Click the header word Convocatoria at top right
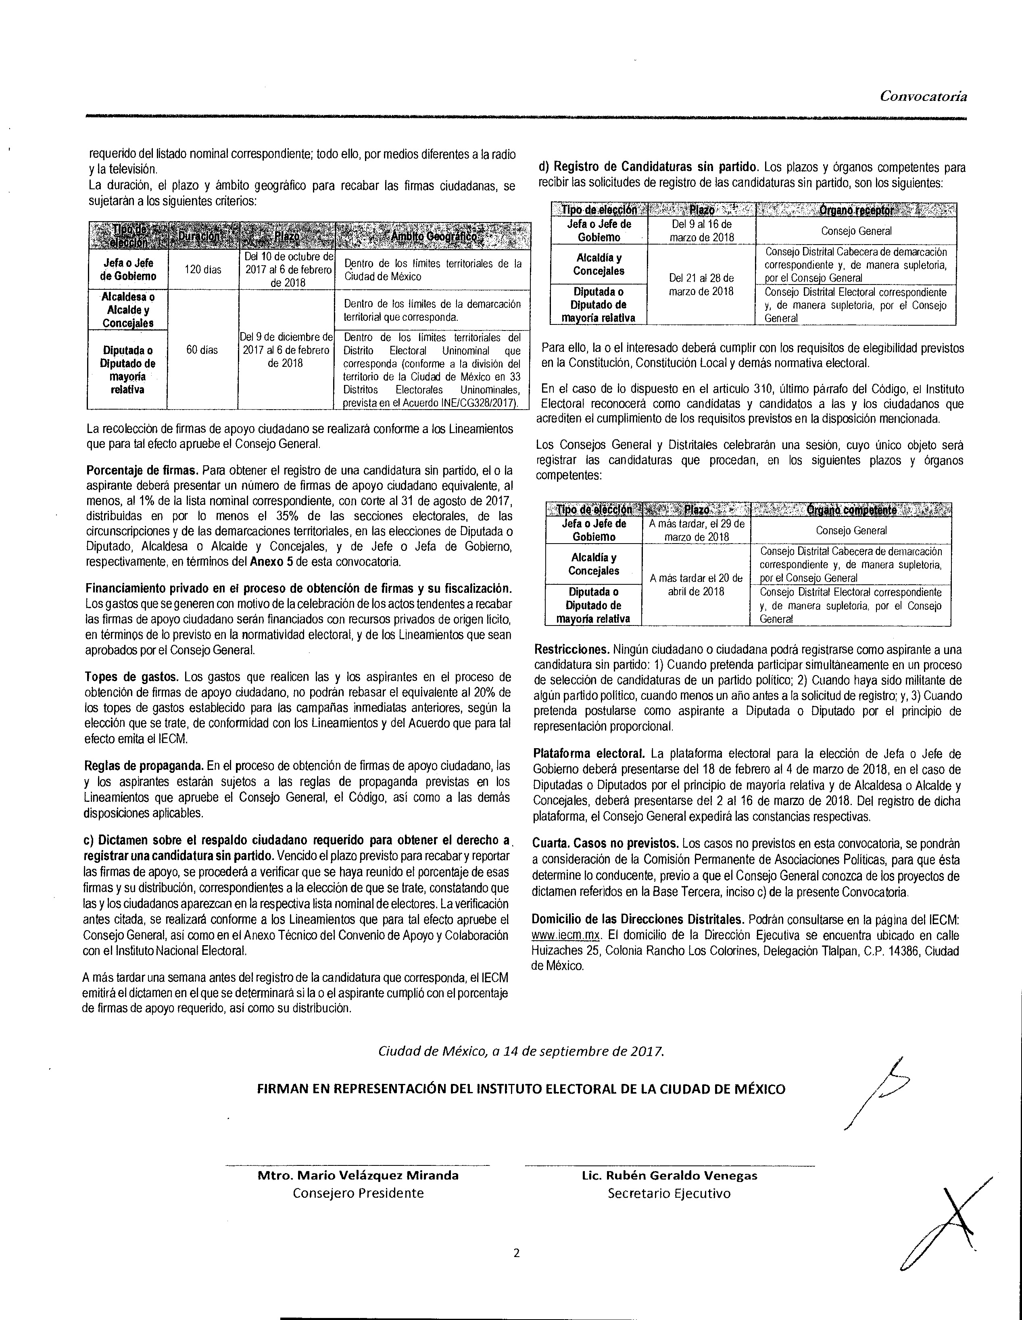click(923, 96)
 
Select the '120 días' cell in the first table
click(202, 270)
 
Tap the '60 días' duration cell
click(202, 350)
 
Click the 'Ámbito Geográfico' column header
click(432, 236)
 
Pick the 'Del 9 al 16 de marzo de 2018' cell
click(701, 230)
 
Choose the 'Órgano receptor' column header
click(856, 210)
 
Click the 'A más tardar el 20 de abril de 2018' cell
click(696, 584)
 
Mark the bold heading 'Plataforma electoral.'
click(589, 754)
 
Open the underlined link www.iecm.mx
click(566, 935)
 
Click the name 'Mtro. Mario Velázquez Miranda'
click(358, 1176)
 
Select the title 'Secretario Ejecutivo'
click(669, 1193)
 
